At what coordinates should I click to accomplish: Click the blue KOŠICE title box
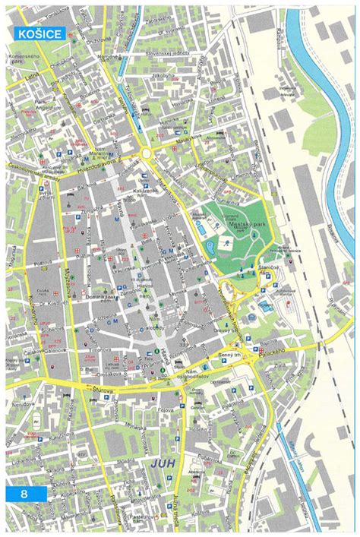point(38,33)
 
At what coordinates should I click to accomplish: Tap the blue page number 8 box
point(26,494)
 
